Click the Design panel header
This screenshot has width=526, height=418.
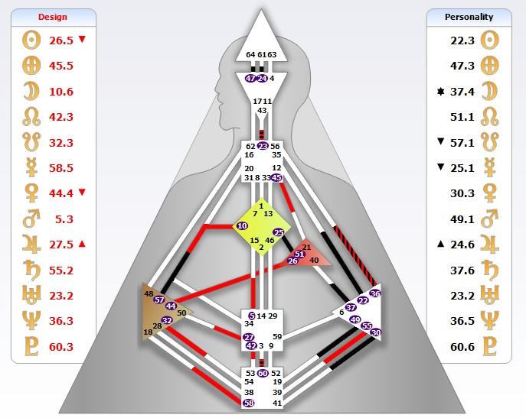coord(53,16)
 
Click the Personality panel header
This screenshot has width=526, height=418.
coord(469,16)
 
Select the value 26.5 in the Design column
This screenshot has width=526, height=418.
coord(61,40)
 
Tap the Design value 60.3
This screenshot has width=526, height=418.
coord(61,347)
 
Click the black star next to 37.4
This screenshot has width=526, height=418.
coord(439,91)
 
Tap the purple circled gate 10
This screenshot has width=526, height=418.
coord(242,226)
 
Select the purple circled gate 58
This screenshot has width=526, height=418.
coord(248,403)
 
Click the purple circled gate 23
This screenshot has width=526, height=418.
coord(263,145)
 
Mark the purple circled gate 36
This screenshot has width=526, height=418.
coord(374,293)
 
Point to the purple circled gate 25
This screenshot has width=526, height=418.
coord(279,232)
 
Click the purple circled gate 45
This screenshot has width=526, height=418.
coord(276,177)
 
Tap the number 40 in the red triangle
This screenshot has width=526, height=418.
coord(314,261)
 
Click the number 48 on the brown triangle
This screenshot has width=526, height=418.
coord(149,293)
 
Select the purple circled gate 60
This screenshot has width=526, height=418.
coord(263,373)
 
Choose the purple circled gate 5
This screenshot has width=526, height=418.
coord(252,315)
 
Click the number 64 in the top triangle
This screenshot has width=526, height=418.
coord(251,54)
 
